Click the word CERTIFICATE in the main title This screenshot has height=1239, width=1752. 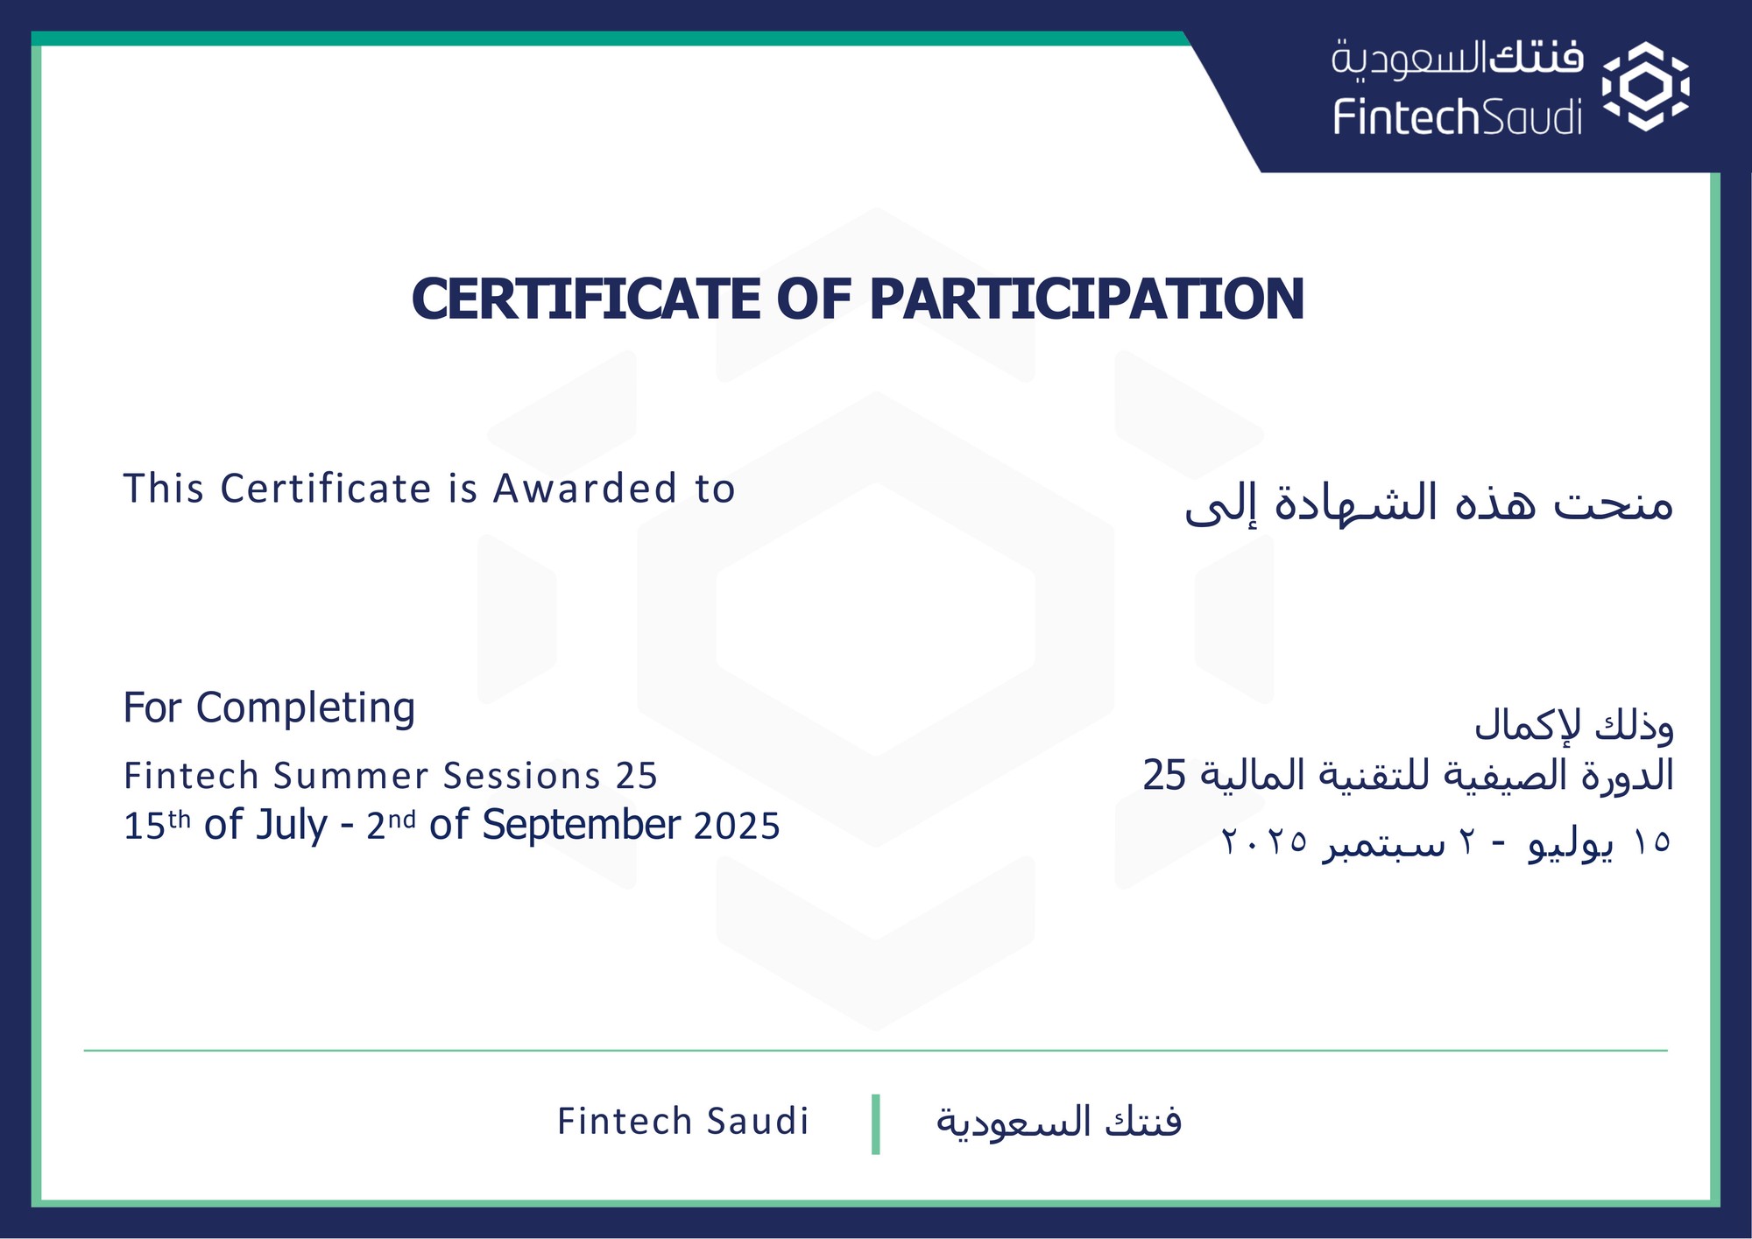pos(586,299)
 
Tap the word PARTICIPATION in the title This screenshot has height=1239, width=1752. pos(1086,299)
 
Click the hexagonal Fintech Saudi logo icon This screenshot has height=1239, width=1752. pos(1645,87)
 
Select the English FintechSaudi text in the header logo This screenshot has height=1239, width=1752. pos(1458,117)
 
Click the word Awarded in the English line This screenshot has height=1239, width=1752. pos(585,489)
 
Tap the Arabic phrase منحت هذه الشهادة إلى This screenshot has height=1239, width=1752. pos(1429,503)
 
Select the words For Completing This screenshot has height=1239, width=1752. pos(269,708)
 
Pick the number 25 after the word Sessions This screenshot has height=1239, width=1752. pos(636,776)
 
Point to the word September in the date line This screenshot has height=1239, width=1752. pos(581,825)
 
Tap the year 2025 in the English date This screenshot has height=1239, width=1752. pos(737,826)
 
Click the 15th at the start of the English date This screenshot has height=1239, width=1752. pos(157,825)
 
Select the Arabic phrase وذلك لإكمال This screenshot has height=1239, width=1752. pos(1573,726)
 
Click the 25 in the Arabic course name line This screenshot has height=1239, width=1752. pos(1164,775)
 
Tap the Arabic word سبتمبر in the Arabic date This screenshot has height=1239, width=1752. pos(1383,843)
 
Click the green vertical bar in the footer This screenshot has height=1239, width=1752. pos(876,1124)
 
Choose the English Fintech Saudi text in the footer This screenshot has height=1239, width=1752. pos(683,1122)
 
